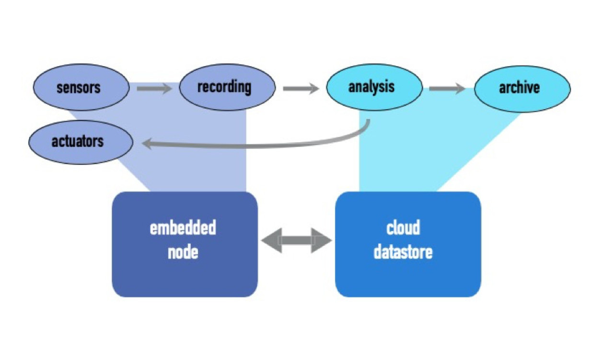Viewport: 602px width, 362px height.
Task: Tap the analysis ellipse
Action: pos(374,88)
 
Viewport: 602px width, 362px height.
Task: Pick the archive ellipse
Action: pos(521,89)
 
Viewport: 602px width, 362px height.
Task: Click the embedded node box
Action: pos(185,244)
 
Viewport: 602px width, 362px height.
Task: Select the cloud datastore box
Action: pos(407,244)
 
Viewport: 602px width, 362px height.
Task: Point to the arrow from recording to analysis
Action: pos(301,89)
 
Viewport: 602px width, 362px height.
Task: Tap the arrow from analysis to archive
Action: pos(447,89)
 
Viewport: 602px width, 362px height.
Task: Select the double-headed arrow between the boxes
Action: pos(297,240)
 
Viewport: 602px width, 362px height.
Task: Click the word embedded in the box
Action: pos(183,228)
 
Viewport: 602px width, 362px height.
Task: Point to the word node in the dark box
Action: pos(183,252)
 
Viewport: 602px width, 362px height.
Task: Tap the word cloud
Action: pos(403,228)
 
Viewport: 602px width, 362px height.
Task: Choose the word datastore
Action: pos(403,252)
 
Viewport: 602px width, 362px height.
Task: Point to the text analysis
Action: pos(371,87)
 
